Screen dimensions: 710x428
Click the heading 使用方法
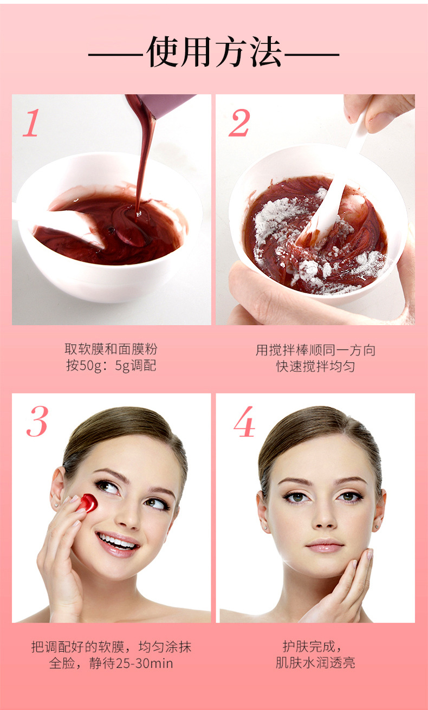[x=214, y=53]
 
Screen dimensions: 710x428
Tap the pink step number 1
[x=31, y=123]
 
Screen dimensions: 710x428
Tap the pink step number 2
[x=239, y=123]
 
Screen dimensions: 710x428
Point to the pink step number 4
[x=244, y=422]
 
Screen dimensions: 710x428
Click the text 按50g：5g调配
[x=111, y=365]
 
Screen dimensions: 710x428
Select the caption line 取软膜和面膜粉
[x=111, y=348]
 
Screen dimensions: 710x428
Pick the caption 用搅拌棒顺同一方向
[x=315, y=350]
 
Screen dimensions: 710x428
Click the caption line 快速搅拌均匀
[x=315, y=366]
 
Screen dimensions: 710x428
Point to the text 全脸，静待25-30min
[x=111, y=663]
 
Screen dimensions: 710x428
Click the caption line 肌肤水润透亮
[x=315, y=663]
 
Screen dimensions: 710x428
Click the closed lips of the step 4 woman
[x=325, y=545]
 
